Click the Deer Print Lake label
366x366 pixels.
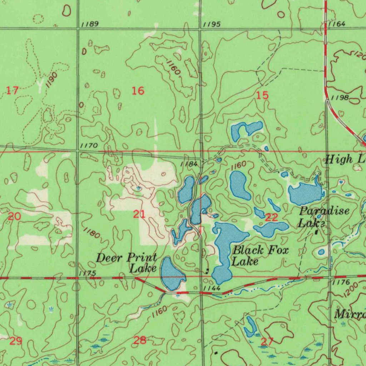tap(127, 263)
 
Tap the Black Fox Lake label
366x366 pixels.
tap(260, 256)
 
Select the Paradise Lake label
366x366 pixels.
tap(323, 217)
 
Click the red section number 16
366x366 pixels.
tap(138, 91)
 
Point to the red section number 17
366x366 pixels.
tap(13, 90)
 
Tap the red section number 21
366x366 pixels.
tap(139, 214)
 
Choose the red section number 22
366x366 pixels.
tap(272, 217)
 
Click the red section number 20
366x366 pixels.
tap(14, 216)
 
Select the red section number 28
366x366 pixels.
tap(140, 340)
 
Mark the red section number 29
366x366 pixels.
tap(16, 341)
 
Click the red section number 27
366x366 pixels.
tap(267, 341)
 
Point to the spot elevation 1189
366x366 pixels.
tap(89, 24)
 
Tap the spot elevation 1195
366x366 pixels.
tap(212, 24)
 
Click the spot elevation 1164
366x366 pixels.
tap(337, 24)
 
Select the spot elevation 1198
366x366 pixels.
tap(340, 98)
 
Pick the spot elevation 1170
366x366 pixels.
tap(89, 145)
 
